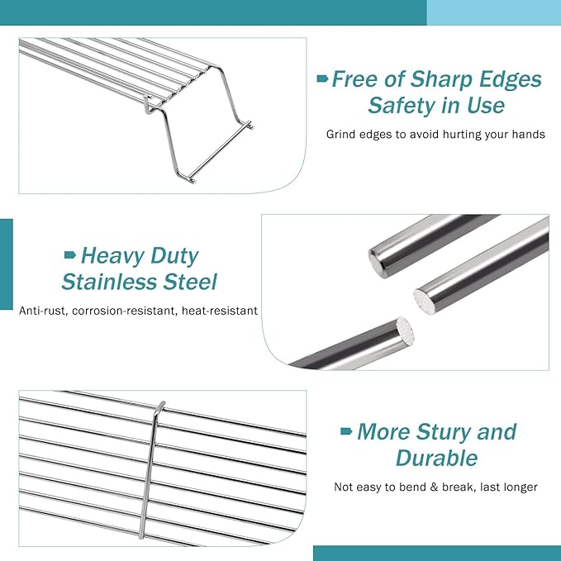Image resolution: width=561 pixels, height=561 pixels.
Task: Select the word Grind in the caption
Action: (x=342, y=134)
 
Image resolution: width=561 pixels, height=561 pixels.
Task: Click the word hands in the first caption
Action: (x=527, y=134)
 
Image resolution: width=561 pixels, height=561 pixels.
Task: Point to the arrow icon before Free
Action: (x=323, y=79)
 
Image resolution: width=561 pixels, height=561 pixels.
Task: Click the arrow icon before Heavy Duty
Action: (x=70, y=254)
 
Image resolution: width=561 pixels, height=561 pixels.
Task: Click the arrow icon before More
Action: (x=347, y=432)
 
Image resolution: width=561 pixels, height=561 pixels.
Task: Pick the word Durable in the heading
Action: (x=436, y=459)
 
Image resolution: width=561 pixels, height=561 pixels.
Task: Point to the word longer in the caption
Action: (x=520, y=487)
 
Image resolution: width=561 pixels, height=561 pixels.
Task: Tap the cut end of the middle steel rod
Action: (x=429, y=297)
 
